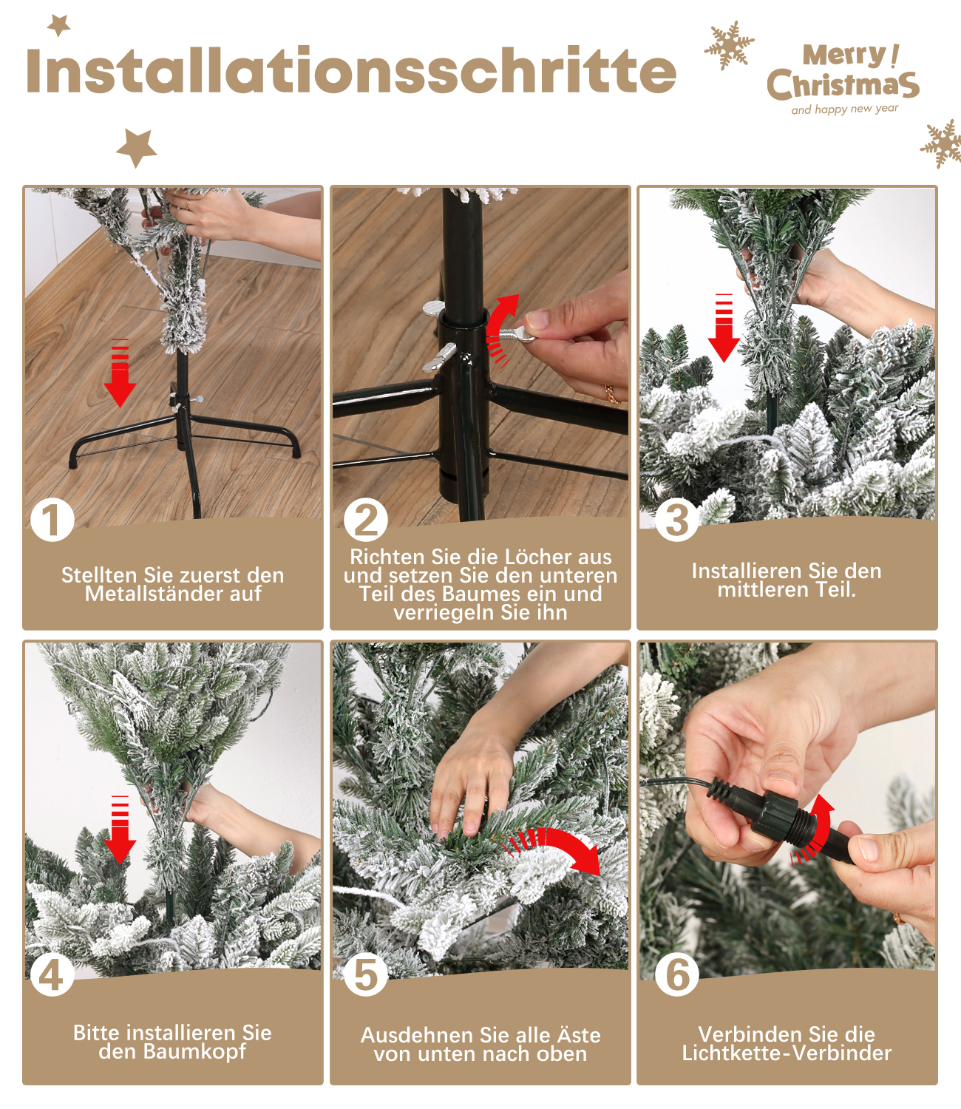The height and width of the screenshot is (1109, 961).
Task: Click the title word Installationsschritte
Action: tap(351, 69)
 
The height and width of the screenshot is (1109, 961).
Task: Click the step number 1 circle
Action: tap(52, 520)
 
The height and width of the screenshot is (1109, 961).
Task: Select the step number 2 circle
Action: tap(365, 519)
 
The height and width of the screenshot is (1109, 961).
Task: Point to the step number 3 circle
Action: tap(677, 519)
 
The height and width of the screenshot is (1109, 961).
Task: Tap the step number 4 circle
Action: tap(52, 974)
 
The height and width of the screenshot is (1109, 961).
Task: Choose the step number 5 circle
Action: tap(365, 974)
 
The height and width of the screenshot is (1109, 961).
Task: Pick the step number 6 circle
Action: tap(677, 974)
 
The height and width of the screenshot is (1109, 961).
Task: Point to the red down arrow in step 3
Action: tap(724, 328)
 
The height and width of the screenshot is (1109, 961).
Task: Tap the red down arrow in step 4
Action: tap(120, 830)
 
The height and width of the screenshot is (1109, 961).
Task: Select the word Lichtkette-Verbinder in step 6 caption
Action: tap(787, 1053)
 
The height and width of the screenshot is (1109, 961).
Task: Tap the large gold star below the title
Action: tap(136, 147)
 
